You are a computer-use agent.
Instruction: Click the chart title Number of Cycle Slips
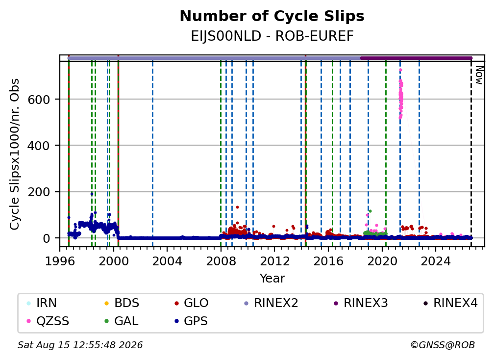(272, 16)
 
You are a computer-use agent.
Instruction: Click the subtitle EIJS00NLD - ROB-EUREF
(272, 36)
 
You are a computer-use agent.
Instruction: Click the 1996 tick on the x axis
(60, 261)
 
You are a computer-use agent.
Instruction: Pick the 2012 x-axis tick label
(274, 261)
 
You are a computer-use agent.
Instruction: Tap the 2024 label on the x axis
(435, 261)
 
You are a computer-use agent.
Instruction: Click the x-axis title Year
(272, 279)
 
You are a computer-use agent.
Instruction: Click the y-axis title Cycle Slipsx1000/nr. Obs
(15, 154)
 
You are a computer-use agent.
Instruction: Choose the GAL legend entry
(122, 321)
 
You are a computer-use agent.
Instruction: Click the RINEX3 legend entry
(361, 303)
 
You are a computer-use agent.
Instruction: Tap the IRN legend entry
(42, 303)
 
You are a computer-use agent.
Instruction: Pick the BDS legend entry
(122, 303)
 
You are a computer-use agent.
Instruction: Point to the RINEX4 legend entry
(450, 303)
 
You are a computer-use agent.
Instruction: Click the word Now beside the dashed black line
(479, 76)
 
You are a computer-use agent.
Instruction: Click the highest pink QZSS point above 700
(400, 70)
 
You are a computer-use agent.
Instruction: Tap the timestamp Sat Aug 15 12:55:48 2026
(80, 345)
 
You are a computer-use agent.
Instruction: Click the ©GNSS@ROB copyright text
(443, 345)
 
